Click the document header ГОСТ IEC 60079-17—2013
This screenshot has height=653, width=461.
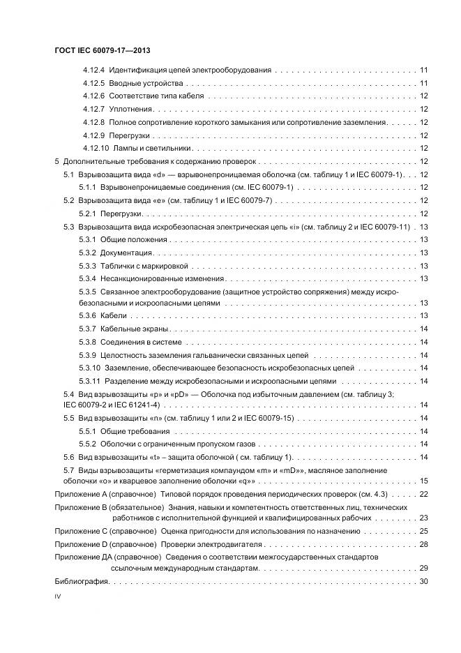(103, 51)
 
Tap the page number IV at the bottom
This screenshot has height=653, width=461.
(58, 597)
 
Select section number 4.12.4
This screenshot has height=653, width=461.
(93, 70)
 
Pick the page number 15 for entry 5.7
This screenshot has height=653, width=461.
(423, 481)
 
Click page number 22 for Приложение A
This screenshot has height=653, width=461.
(423, 494)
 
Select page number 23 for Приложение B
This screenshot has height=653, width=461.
(423, 518)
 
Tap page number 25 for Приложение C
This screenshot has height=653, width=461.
(423, 531)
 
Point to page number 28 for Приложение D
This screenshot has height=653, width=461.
(423, 543)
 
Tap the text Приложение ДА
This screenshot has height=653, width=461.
(82, 557)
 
